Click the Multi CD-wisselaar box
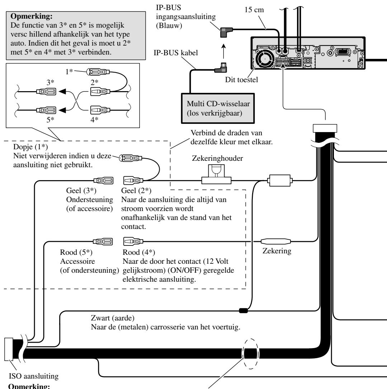point(218,108)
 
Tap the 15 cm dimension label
point(254,10)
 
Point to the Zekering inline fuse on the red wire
point(276,241)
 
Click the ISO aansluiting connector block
point(9,349)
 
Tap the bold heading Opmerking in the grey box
point(32,16)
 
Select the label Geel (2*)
point(136,191)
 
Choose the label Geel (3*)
point(81,191)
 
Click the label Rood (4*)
point(139,252)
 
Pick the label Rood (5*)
point(76,252)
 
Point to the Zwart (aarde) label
point(113,318)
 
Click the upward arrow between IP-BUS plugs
point(223,51)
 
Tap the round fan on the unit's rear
point(265,58)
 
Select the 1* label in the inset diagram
point(69,71)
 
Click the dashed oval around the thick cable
point(251,354)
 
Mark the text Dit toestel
point(241,80)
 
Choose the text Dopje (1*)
point(30,147)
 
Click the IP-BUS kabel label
point(176,53)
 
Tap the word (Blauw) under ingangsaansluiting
point(169,25)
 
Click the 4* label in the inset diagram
point(94,119)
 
